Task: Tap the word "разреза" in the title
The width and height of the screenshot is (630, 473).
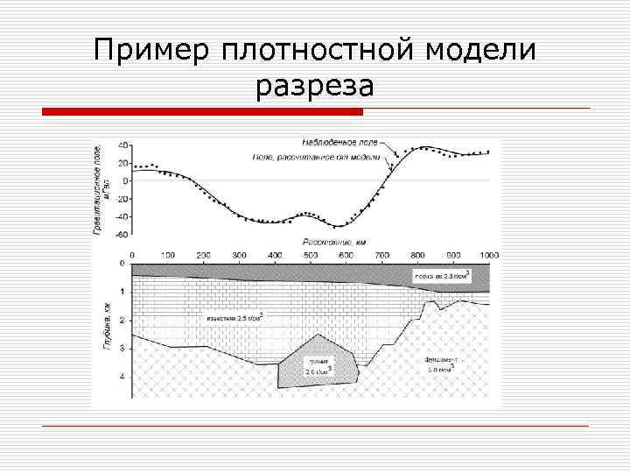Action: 315,86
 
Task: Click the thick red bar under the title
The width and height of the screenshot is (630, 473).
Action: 202,111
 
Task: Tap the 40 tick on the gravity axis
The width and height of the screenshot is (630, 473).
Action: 123,145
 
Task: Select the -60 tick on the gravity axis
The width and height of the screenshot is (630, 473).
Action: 122,234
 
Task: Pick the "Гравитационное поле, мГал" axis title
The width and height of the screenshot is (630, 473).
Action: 103,187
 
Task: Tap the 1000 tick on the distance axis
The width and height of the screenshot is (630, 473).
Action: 487,254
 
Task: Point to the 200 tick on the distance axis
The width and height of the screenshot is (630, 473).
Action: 202,254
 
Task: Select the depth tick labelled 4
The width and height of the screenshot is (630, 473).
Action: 122,377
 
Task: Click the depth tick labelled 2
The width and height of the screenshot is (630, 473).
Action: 122,321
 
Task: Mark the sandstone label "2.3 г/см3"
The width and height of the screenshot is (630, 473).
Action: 443,277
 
